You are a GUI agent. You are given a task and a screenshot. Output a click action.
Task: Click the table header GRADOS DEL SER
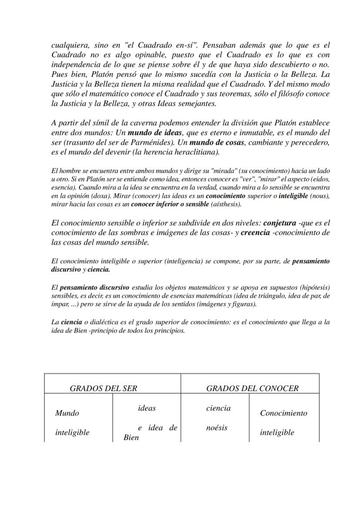tap(103, 388)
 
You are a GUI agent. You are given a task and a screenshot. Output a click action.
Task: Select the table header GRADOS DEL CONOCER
tap(252, 388)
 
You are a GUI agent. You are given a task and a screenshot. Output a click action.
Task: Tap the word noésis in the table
tap(217, 428)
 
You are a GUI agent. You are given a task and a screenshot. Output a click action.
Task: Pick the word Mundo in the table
tap(67, 413)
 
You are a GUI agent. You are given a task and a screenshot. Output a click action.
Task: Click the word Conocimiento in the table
tap(283, 413)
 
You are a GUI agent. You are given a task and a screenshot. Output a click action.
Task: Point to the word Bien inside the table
tap(131, 437)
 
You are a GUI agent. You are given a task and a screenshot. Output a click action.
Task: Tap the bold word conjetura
tap(280, 223)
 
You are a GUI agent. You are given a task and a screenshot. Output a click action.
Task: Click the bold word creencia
tap(255, 233)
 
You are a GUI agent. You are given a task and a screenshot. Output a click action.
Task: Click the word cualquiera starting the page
tap(69, 45)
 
